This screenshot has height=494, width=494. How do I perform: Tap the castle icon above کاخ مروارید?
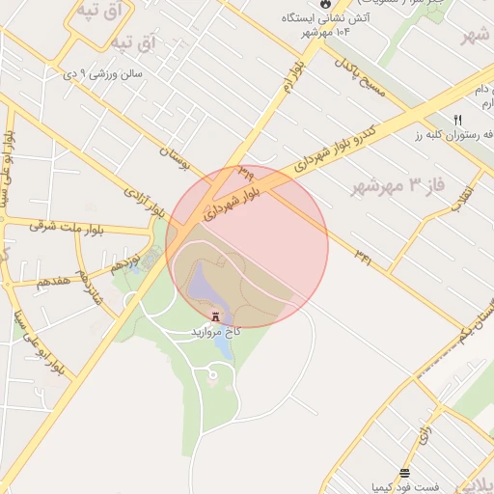214,316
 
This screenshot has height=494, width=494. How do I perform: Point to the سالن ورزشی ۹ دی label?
102,72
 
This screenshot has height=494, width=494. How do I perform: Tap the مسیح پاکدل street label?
359,77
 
